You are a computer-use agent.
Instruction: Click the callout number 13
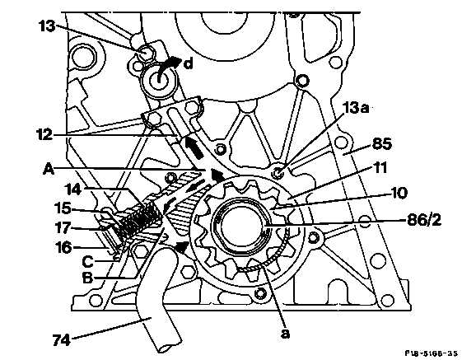[47, 26]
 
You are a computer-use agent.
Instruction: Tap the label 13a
[357, 108]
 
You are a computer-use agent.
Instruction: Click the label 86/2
[424, 220]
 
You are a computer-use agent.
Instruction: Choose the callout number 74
[62, 339]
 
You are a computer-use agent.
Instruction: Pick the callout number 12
[44, 134]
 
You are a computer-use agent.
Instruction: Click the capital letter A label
[49, 169]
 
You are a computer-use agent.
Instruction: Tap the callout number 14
[73, 189]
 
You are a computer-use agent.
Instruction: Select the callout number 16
[63, 247]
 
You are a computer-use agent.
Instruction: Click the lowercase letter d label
[189, 63]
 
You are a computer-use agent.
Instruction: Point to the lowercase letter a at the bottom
[285, 333]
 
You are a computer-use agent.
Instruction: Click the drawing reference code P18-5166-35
[431, 353]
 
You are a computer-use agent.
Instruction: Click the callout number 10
[399, 193]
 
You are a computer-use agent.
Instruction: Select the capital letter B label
[87, 278]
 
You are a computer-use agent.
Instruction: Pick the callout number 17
[63, 227]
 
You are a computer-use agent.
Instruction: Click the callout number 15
[63, 208]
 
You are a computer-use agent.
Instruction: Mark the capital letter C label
[87, 261]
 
